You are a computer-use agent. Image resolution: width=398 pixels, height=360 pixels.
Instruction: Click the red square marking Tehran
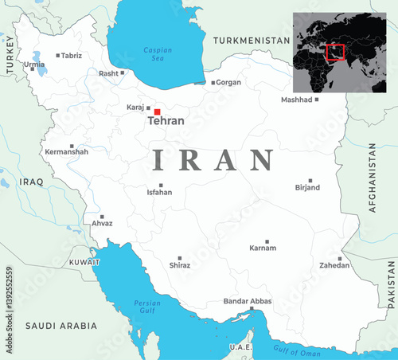point(158,112)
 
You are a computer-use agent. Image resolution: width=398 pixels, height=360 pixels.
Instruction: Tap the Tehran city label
point(166,121)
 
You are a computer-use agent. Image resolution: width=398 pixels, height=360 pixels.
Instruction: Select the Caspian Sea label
point(158,53)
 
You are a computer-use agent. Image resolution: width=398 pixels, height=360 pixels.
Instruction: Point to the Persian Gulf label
point(147,306)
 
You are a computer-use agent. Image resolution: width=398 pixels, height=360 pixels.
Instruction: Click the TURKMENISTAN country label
point(252,40)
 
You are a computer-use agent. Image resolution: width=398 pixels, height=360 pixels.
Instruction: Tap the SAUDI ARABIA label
point(61,326)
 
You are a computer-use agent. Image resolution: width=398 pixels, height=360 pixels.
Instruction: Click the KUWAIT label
point(84,261)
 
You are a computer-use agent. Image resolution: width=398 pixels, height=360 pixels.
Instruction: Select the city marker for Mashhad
point(317,100)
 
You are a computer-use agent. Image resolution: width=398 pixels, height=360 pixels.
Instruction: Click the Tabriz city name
point(72,56)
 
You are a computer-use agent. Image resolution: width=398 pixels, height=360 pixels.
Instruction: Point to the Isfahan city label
point(159,192)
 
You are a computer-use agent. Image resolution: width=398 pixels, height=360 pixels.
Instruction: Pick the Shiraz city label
point(180,265)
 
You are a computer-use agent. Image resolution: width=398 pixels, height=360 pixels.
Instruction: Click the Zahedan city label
point(334,265)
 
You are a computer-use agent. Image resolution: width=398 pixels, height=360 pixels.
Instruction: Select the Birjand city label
point(307,188)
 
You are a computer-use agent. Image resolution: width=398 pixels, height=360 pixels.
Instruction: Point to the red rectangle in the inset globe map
point(336,53)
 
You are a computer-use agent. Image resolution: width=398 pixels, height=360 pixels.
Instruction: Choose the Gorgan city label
point(228,82)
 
